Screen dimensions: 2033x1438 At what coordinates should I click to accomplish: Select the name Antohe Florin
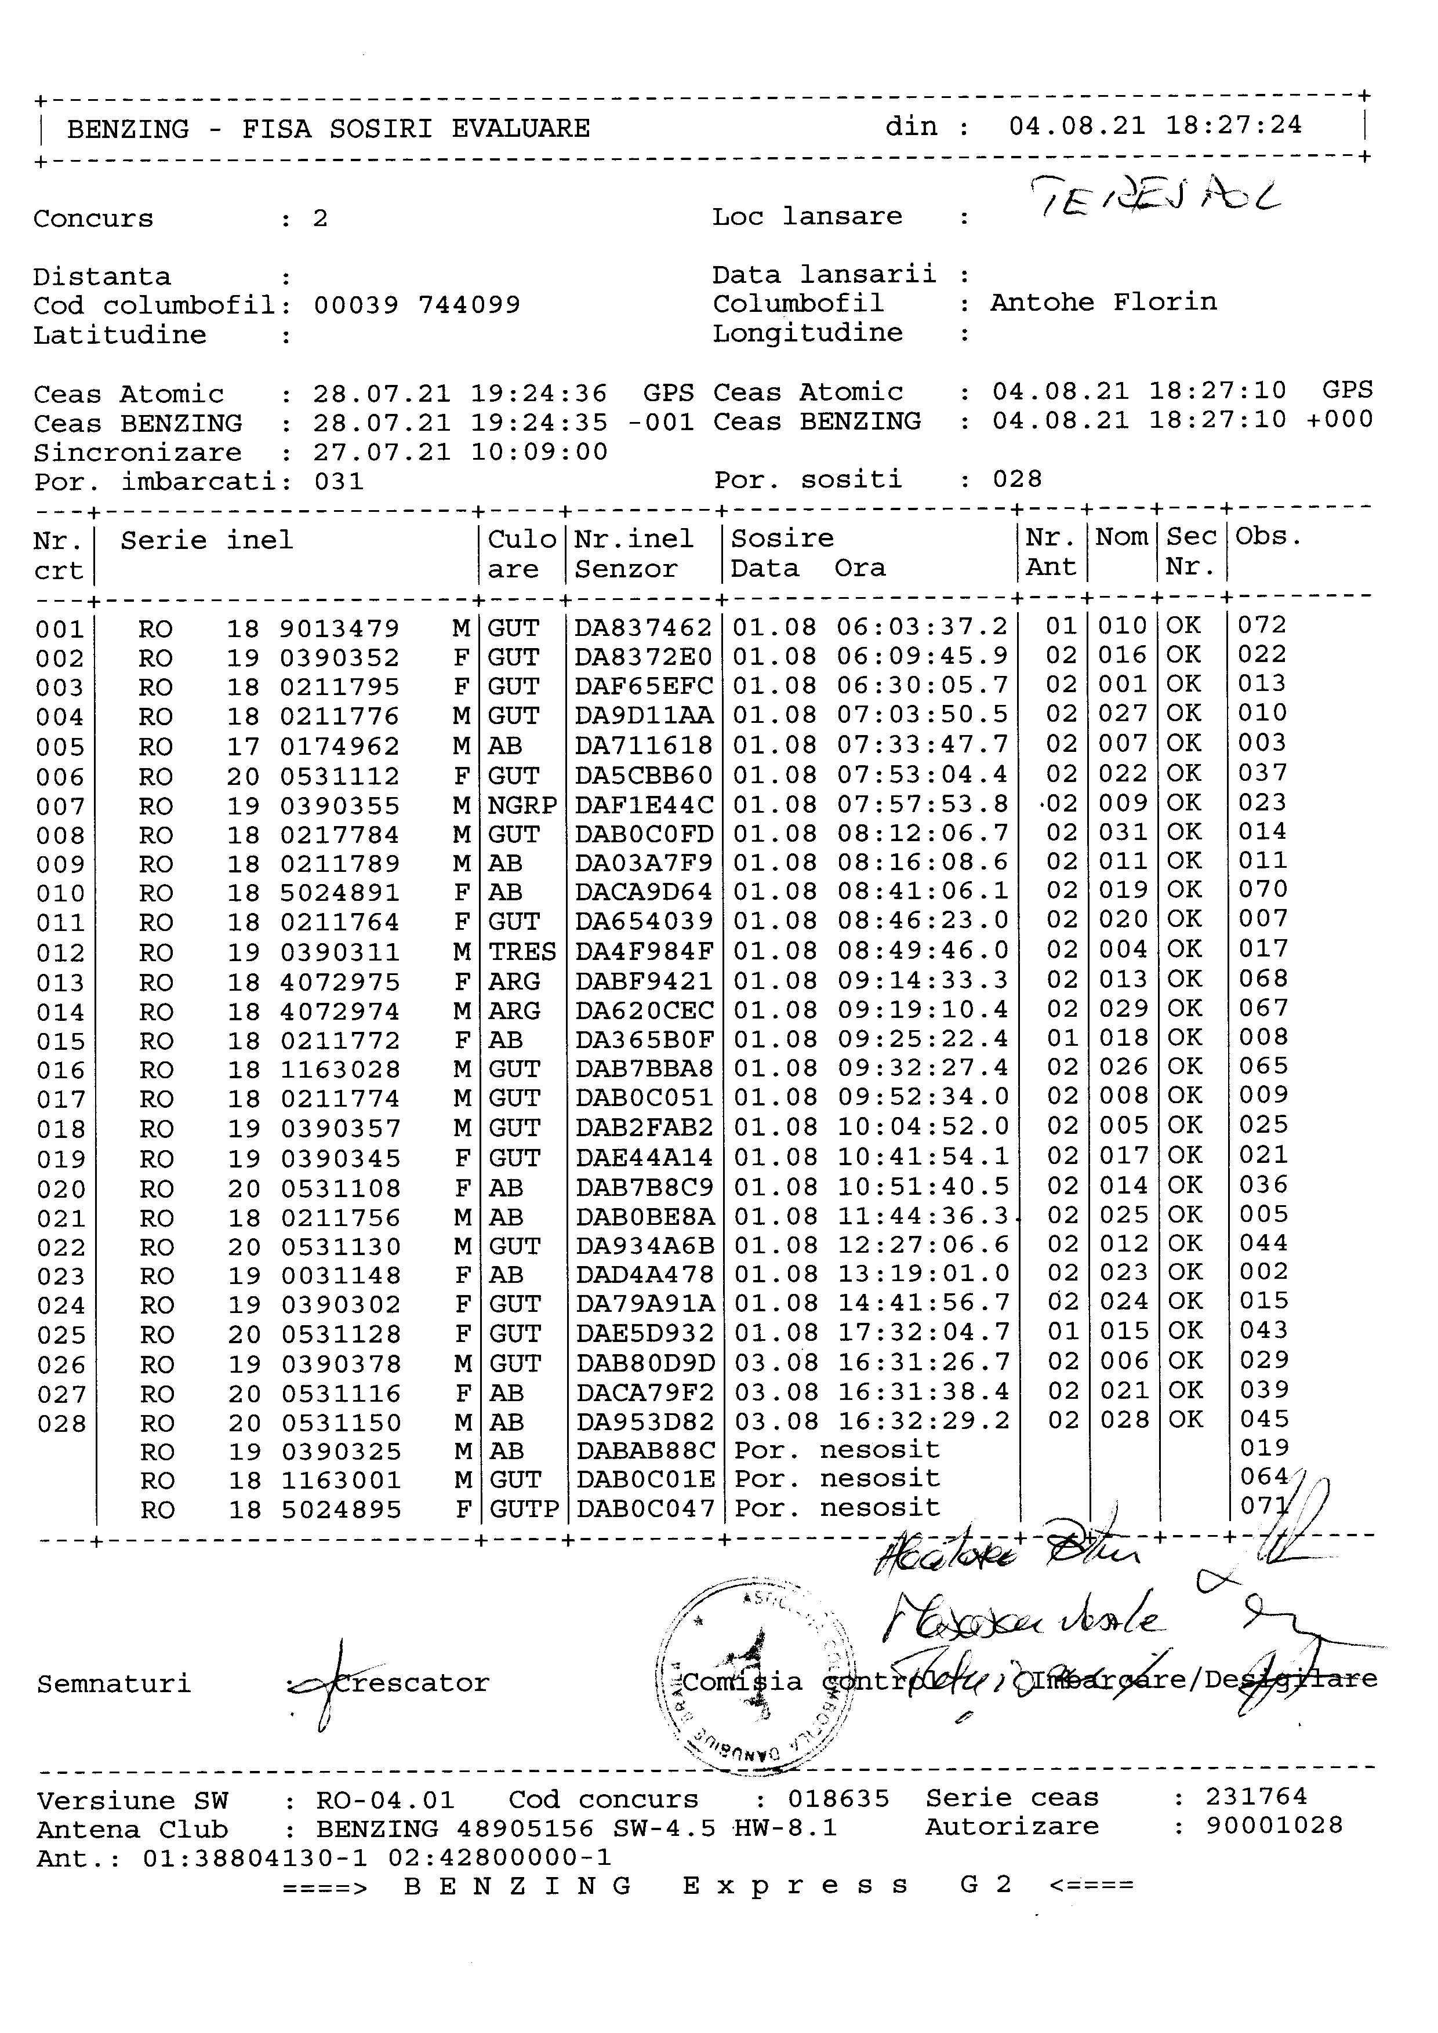(x=1103, y=303)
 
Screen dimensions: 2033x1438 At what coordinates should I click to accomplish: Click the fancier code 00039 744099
(x=417, y=306)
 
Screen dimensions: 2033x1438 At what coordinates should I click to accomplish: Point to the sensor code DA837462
(x=643, y=628)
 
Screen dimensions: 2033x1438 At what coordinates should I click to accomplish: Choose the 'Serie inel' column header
(x=206, y=540)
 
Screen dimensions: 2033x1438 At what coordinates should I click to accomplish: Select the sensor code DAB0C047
(x=645, y=1509)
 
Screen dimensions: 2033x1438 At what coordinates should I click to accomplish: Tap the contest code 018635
(x=838, y=1799)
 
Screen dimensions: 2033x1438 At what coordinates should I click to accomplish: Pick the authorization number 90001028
(x=1274, y=1826)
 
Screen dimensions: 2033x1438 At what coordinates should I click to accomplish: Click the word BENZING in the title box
(x=128, y=129)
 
